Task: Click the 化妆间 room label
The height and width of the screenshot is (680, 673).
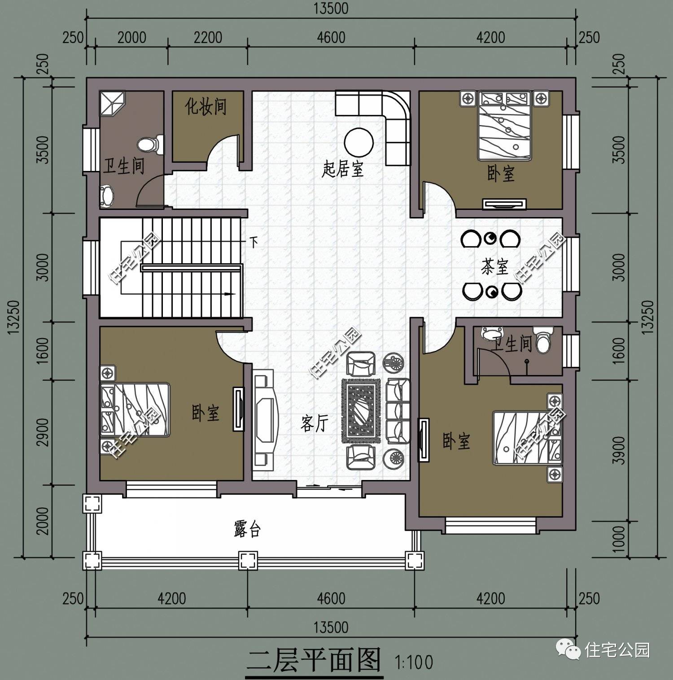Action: point(206,106)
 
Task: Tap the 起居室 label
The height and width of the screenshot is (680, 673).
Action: point(342,169)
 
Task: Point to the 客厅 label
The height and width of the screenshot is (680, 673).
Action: point(315,423)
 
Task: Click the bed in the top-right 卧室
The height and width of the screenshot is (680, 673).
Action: point(505,126)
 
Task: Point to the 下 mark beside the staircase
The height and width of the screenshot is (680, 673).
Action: point(254,243)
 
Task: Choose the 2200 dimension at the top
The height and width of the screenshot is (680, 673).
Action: point(208,37)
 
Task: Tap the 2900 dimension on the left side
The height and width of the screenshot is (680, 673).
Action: point(43,432)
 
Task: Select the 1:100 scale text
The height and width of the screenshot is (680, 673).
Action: point(414,662)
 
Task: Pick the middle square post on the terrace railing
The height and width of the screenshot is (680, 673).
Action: point(248,560)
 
